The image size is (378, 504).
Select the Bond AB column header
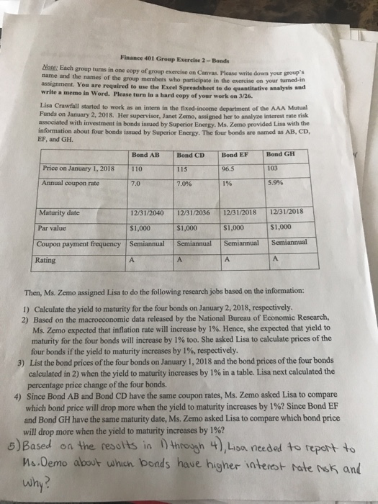pos(147,155)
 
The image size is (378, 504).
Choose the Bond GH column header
pos(279,153)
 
